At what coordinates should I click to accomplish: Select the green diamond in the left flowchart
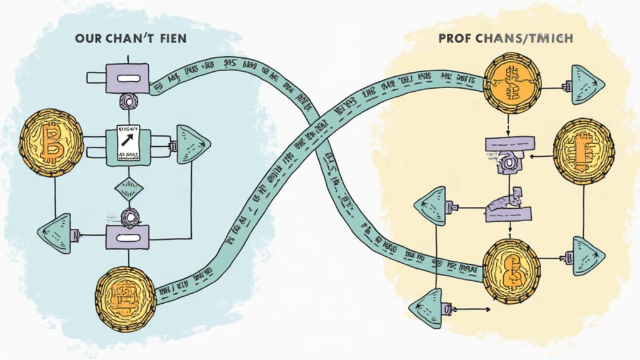129,187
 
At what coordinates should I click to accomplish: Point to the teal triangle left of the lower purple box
56,233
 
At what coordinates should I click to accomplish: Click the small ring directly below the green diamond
129,217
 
